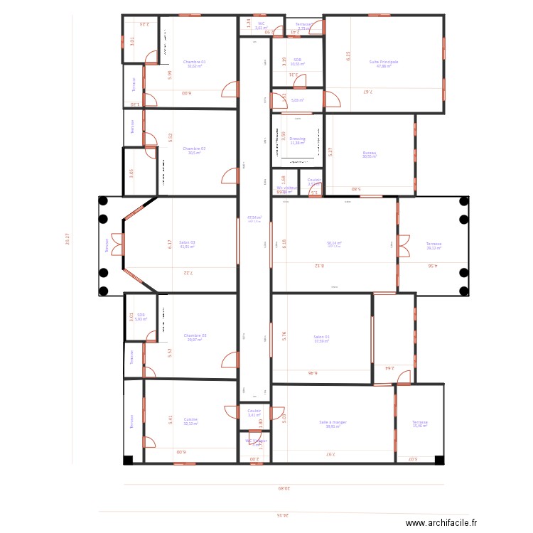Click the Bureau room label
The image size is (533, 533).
(x=370, y=154)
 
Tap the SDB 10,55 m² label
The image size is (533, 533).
(x=297, y=62)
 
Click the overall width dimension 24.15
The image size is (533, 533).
(x=284, y=515)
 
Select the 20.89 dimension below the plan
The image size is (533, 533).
(x=284, y=488)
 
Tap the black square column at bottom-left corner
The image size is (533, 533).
(x=128, y=461)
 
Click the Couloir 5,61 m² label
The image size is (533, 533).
(x=254, y=413)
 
